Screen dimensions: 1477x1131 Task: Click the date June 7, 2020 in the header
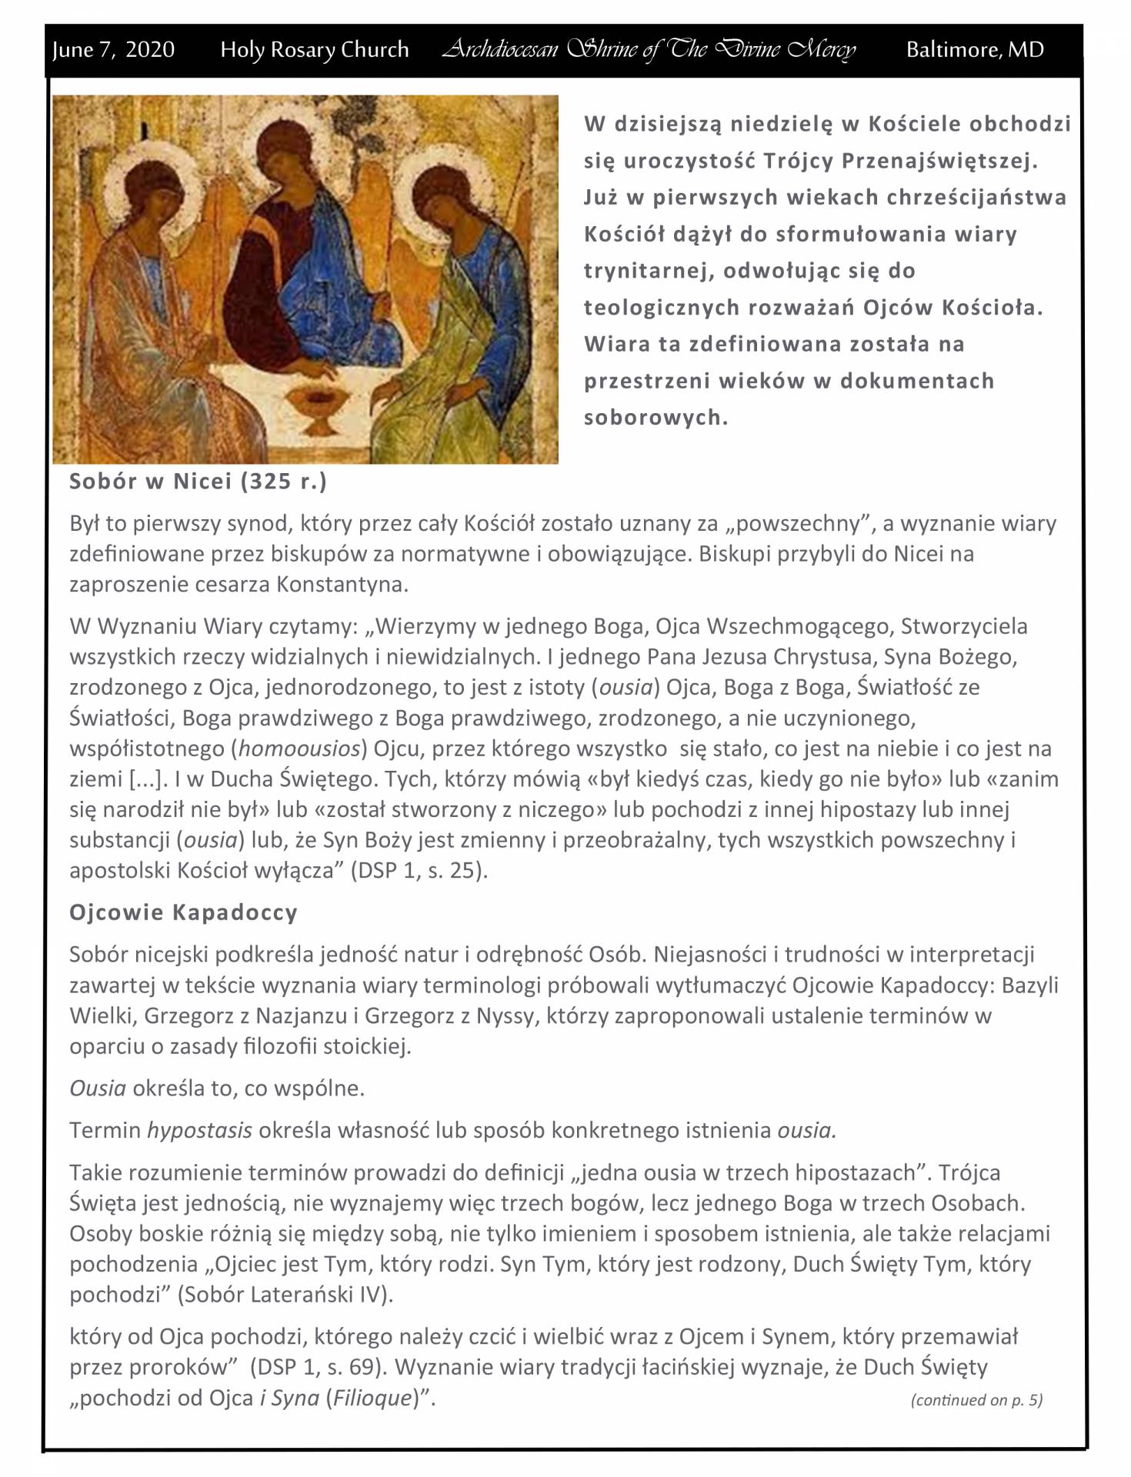tap(113, 50)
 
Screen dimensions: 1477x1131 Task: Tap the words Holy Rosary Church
tap(314, 50)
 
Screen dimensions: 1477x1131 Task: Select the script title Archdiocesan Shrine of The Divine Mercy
tap(649, 50)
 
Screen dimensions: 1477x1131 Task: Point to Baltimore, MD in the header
tap(975, 50)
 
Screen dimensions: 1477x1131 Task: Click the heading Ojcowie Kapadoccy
tap(183, 912)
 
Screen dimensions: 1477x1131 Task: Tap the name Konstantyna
tap(341, 585)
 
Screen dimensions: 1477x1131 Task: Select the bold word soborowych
tap(656, 418)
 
